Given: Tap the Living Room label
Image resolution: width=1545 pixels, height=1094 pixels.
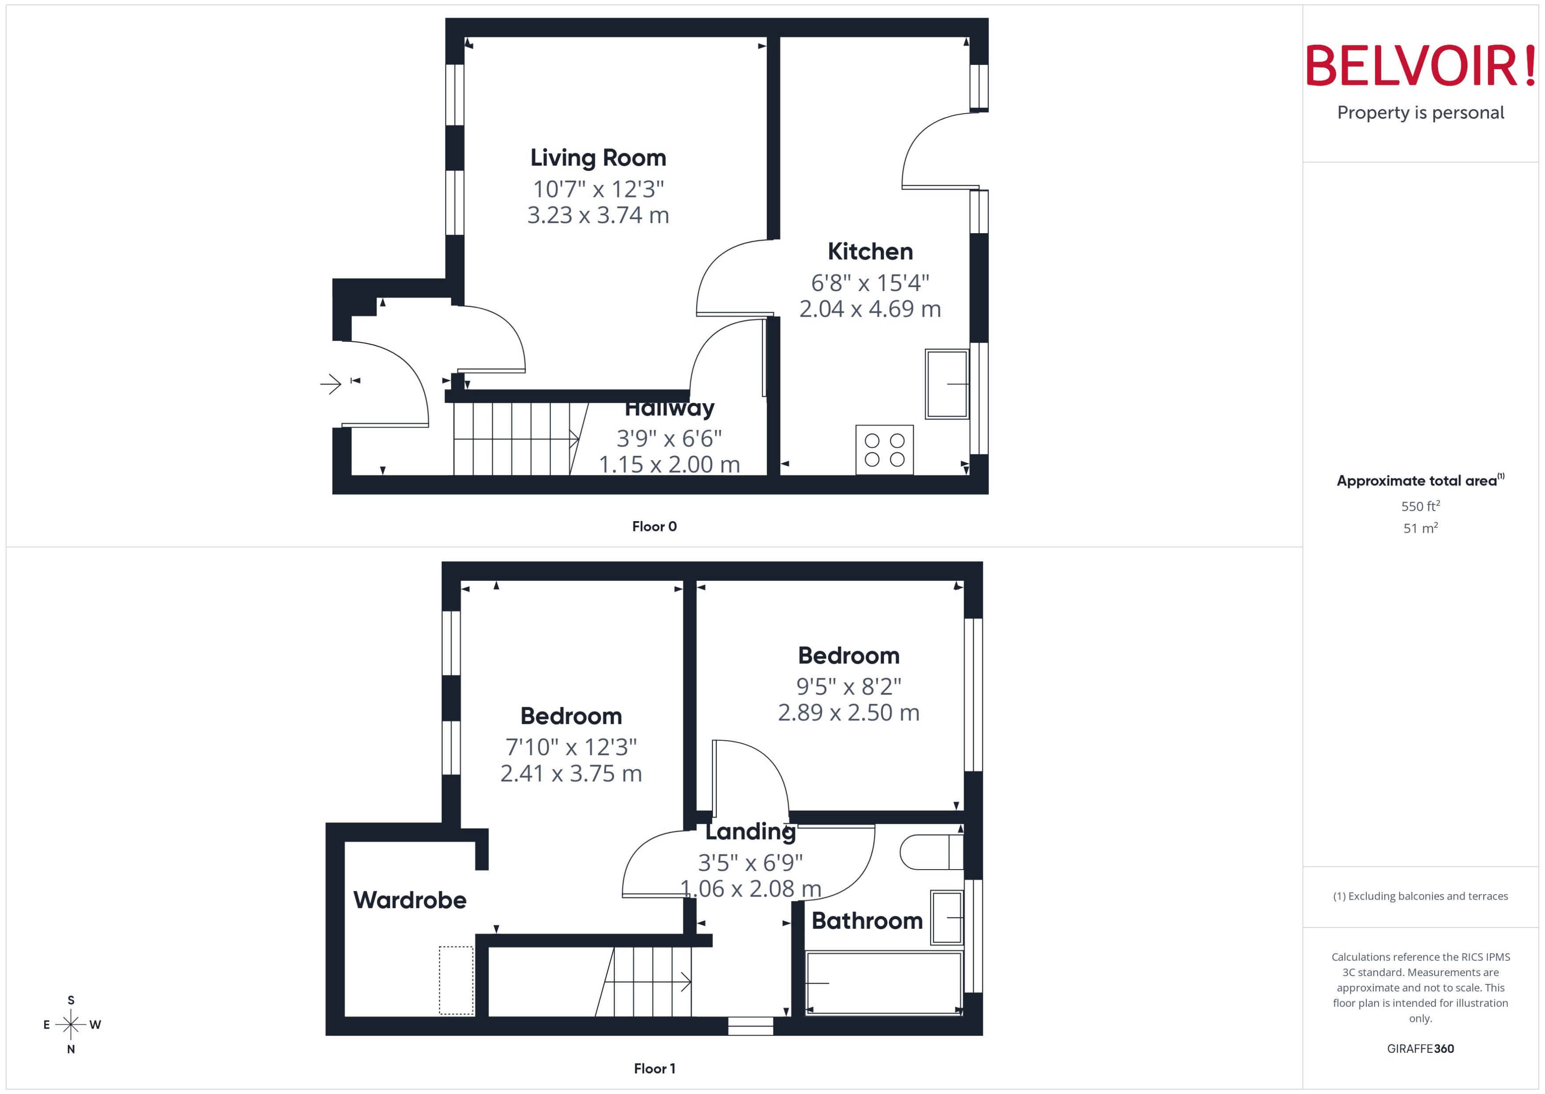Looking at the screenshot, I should click(598, 158).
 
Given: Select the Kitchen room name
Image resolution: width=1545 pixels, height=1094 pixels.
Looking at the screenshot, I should click(870, 251).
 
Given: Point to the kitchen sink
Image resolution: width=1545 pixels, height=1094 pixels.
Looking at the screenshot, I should click(946, 384).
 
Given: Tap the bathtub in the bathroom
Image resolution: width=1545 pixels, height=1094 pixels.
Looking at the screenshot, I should click(883, 983).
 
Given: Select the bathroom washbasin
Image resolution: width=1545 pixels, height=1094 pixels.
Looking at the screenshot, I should click(946, 917).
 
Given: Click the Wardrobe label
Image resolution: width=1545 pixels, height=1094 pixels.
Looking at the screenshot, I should click(409, 900).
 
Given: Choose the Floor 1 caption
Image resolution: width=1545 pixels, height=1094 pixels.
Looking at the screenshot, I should click(654, 1068).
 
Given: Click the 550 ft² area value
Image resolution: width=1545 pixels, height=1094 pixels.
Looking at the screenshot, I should click(1420, 506).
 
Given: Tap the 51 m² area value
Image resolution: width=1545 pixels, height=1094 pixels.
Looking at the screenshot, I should click(1420, 528).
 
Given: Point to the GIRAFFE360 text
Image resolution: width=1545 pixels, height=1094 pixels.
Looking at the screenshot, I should click(1420, 1049).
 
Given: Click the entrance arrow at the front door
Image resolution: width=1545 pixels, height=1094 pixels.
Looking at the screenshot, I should click(331, 384).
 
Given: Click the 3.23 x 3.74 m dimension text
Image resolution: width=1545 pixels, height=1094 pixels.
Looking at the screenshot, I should click(598, 216).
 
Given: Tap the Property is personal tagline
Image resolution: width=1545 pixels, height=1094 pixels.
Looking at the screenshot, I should click(1420, 113).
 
